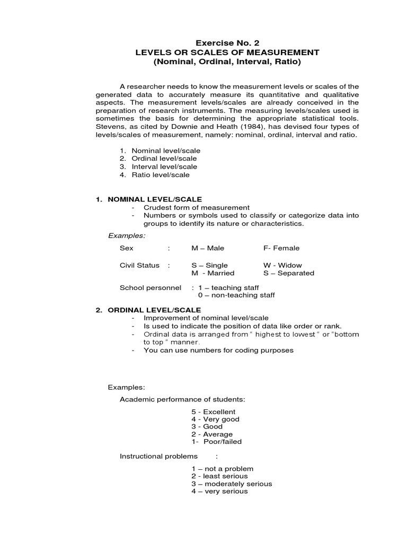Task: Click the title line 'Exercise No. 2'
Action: point(227,42)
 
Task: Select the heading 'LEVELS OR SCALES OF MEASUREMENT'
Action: point(227,52)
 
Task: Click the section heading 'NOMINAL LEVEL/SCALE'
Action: point(147,199)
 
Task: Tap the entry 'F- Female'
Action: point(281,248)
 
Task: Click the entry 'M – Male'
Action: point(208,248)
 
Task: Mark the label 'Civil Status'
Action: point(140,265)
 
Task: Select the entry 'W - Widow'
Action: point(281,265)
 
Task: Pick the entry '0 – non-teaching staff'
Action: point(236,295)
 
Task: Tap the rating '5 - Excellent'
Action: point(214,411)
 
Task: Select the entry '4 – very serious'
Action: point(219,492)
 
